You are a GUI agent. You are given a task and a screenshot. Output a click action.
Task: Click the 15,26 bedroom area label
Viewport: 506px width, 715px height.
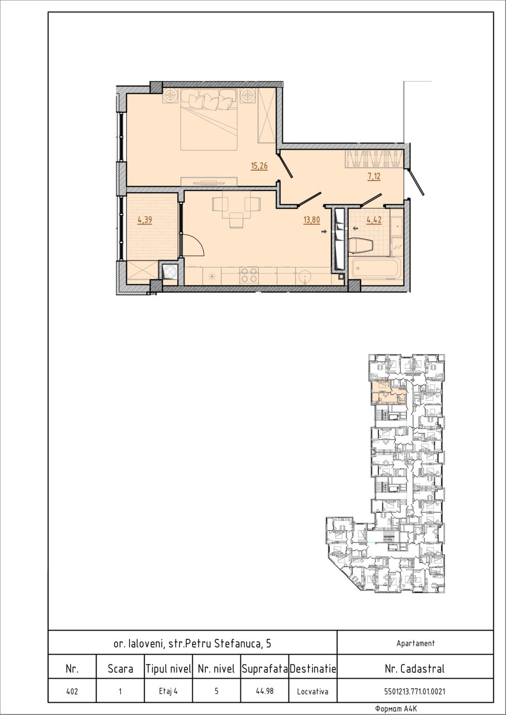click(259, 166)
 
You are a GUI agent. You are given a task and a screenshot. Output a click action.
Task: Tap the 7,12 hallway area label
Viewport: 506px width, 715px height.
click(374, 176)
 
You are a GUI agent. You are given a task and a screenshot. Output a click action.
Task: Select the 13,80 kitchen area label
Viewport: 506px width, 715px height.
click(312, 220)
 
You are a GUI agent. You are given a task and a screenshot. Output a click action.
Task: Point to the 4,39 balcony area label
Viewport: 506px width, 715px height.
click(145, 220)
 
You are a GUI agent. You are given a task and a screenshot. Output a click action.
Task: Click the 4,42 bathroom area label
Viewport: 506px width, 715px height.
click(374, 220)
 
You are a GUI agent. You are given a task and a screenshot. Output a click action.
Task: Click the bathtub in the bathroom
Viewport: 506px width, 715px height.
click(375, 268)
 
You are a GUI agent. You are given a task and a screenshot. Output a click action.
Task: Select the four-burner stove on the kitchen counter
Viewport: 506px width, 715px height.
click(249, 275)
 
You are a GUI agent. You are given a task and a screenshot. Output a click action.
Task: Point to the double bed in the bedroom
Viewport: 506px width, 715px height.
click(209, 120)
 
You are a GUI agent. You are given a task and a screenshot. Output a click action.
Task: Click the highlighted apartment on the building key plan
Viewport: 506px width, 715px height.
click(389, 392)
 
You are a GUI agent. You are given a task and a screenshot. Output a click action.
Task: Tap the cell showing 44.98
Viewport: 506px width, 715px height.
click(264, 691)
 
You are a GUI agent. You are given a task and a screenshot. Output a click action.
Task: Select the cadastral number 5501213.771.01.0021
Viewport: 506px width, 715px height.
click(415, 692)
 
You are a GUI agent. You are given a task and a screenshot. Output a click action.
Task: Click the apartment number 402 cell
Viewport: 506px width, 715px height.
click(72, 691)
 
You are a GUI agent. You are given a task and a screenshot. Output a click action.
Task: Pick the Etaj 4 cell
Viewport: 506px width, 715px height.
click(168, 691)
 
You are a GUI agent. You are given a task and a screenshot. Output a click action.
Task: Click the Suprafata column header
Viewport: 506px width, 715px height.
click(264, 669)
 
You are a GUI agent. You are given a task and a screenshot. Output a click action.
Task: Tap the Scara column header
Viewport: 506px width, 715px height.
click(120, 669)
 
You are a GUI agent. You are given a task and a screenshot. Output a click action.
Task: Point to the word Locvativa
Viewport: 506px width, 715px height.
click(313, 692)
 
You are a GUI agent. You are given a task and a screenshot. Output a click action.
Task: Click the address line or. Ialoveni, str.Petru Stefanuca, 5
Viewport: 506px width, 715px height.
click(192, 643)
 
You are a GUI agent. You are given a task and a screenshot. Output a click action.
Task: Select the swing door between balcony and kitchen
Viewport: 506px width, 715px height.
click(192, 244)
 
